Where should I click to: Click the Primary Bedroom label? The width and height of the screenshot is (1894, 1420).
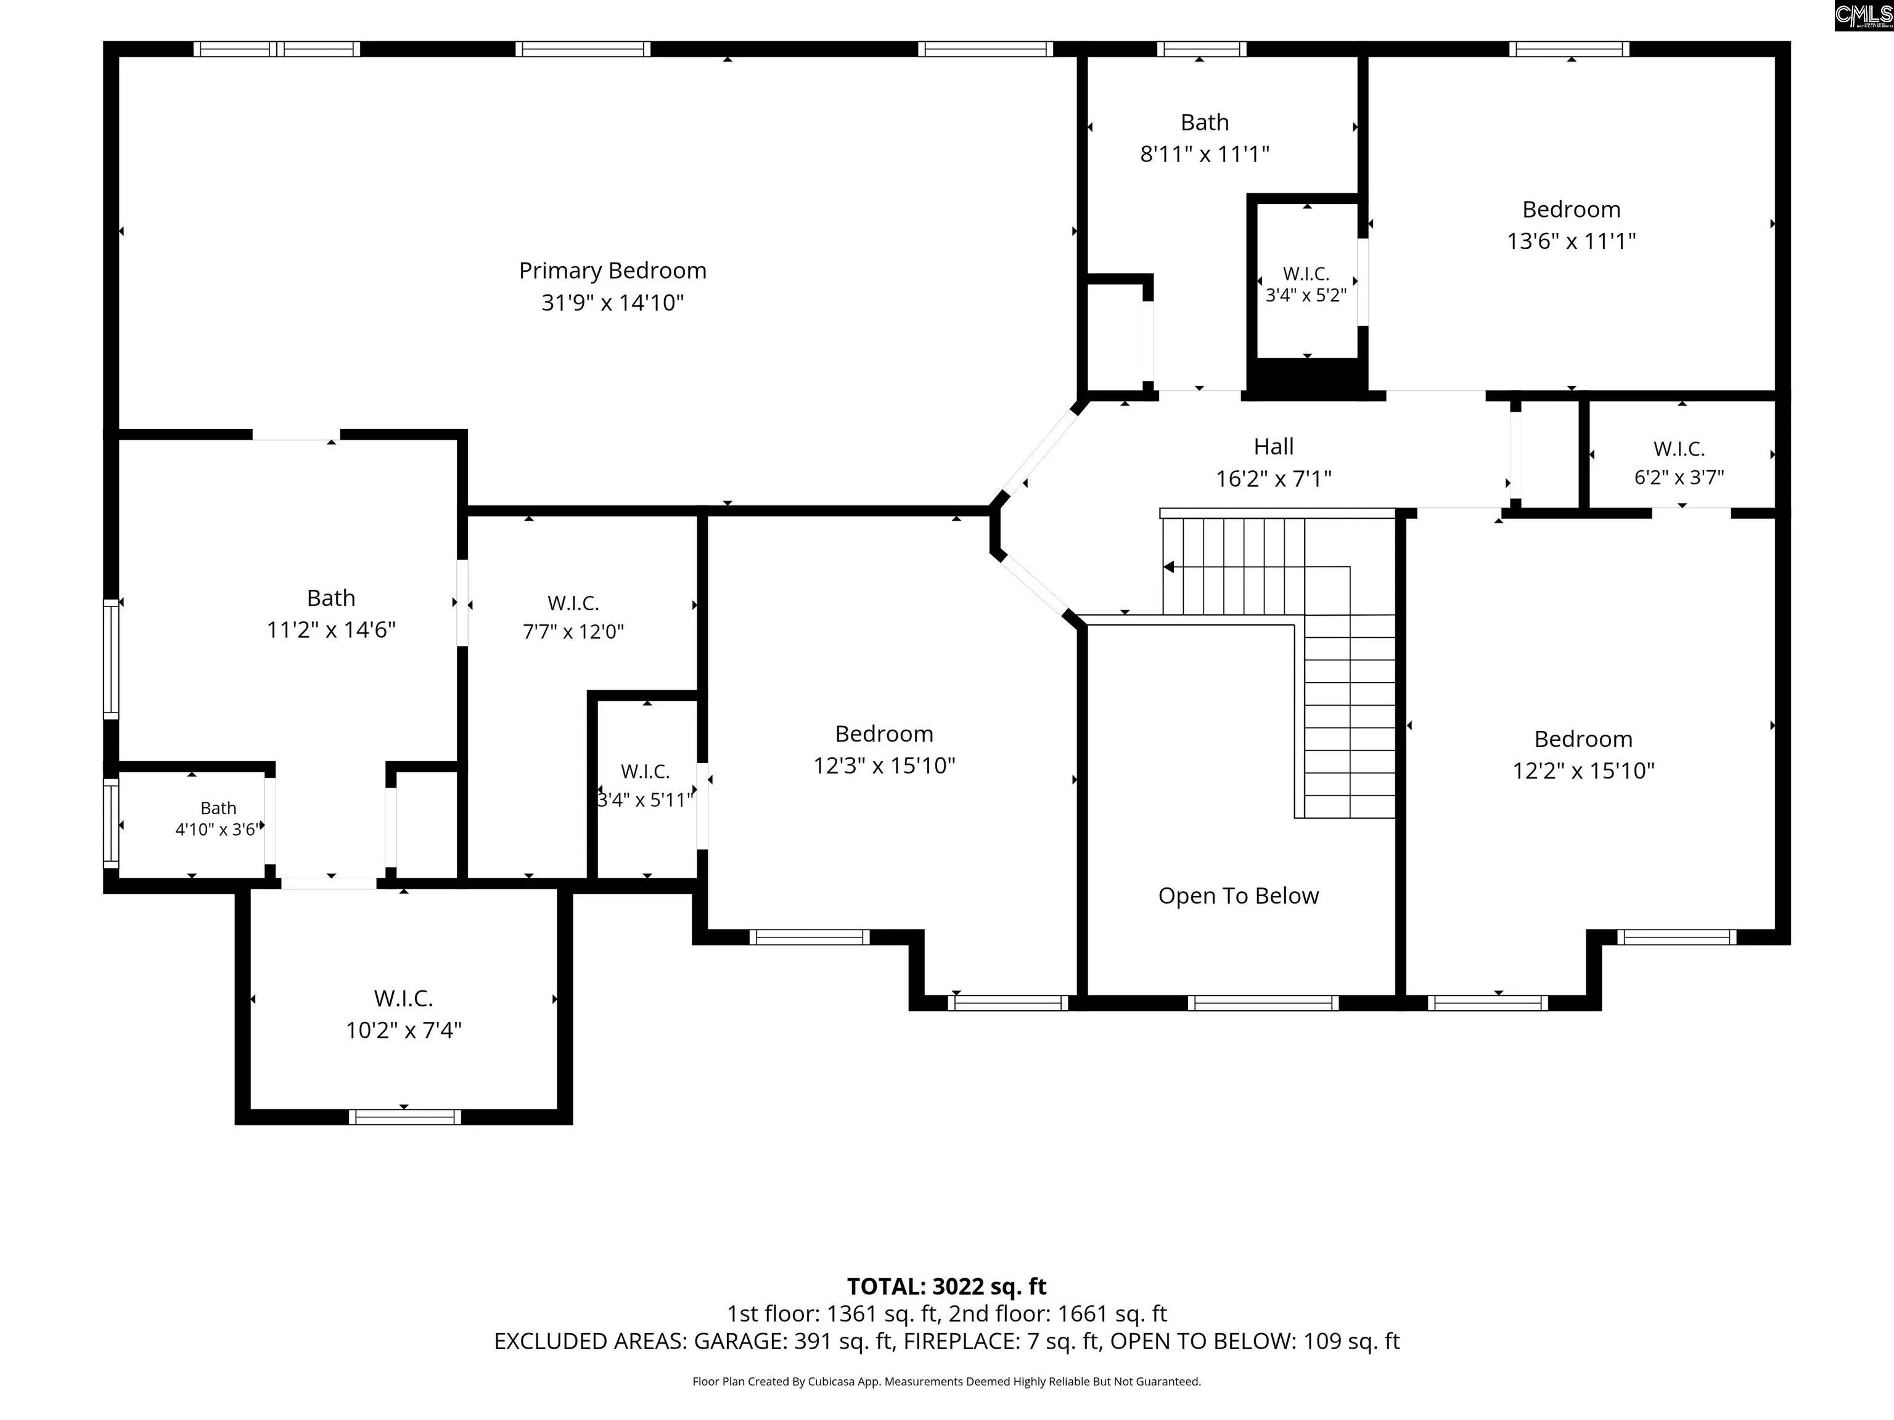click(x=612, y=271)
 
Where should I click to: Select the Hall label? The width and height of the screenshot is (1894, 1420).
click(x=1273, y=447)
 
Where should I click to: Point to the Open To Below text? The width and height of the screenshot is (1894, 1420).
click(x=1238, y=896)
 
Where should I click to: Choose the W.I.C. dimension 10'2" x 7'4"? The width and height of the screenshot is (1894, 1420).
click(x=403, y=1030)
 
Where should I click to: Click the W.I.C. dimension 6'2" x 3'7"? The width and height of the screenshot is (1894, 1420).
click(x=1679, y=478)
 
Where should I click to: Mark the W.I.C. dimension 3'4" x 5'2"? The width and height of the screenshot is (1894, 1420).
click(x=1306, y=295)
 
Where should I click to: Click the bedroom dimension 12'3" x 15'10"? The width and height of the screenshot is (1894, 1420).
click(x=883, y=766)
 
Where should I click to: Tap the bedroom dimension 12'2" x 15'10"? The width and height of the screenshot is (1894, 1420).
click(x=1583, y=771)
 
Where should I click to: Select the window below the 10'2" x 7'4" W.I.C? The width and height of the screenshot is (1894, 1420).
click(x=404, y=1117)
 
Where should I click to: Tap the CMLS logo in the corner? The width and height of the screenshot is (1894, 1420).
click(x=1864, y=15)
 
